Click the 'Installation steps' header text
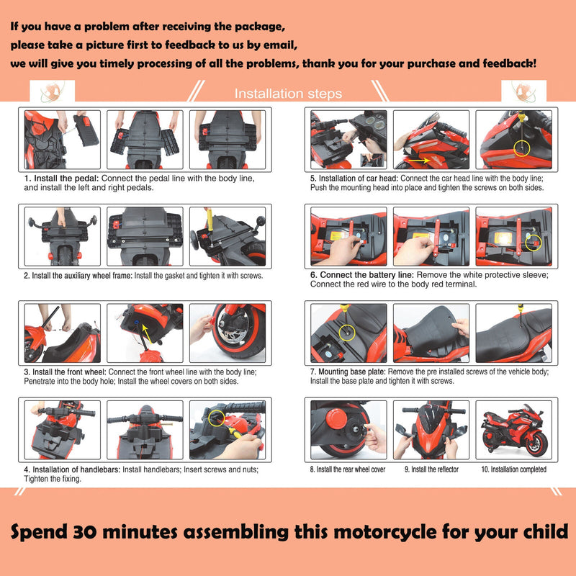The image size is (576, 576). [x=288, y=94]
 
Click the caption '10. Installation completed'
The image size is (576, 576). [x=513, y=469]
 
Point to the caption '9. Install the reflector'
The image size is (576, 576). [x=431, y=469]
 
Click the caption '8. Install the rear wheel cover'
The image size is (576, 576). [x=348, y=469]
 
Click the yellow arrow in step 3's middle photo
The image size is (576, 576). [x=149, y=332]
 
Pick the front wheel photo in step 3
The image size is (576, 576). [x=227, y=333]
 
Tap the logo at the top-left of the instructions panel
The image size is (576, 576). [x=51, y=92]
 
